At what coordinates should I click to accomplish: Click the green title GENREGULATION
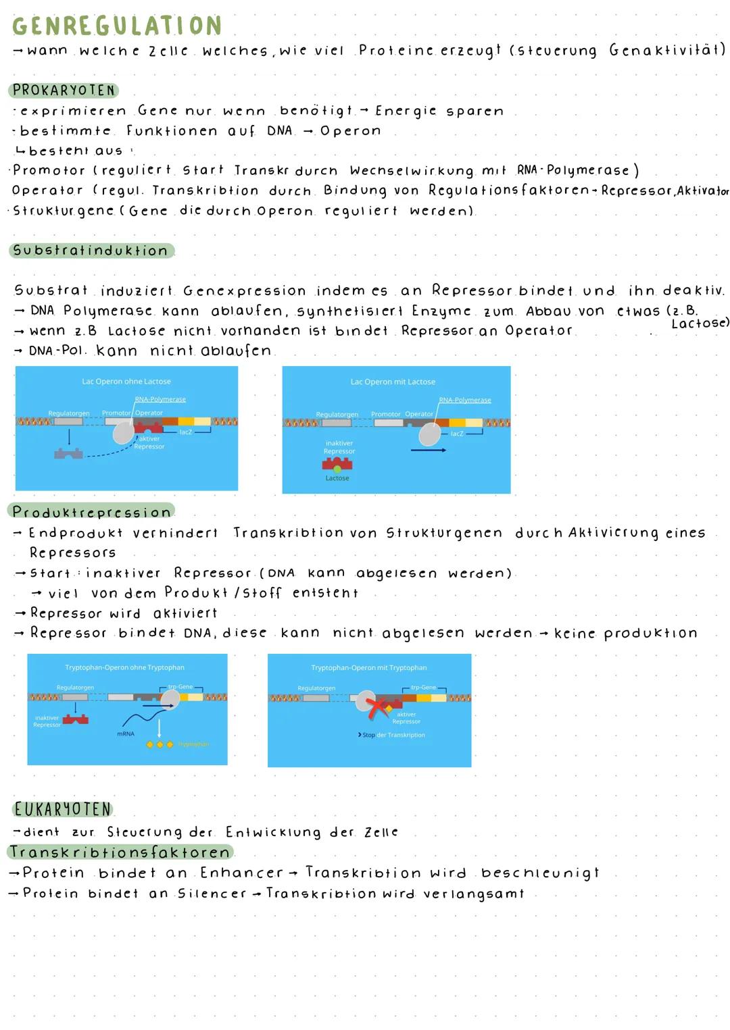[x=117, y=26]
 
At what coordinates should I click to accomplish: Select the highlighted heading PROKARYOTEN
[x=64, y=91]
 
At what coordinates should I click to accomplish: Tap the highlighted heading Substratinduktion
[x=91, y=251]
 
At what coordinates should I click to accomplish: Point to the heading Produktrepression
[x=91, y=512]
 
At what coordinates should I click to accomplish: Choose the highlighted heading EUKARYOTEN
[x=62, y=809]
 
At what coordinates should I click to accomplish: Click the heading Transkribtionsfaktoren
[x=120, y=852]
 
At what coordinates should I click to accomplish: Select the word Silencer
[x=212, y=894]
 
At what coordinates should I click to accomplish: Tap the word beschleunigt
[x=540, y=873]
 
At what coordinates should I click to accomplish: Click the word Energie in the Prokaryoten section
[x=406, y=111]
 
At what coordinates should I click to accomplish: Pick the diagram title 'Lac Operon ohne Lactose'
[x=126, y=382]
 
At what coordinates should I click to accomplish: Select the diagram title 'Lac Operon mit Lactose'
[x=393, y=382]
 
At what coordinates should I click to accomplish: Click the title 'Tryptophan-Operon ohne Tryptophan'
[x=124, y=667]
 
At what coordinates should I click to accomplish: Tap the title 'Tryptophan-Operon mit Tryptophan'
[x=369, y=667]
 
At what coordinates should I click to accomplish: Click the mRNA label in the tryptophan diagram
[x=125, y=733]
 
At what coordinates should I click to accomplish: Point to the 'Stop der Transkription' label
[x=392, y=735]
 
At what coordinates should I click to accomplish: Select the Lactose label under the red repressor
[x=337, y=478]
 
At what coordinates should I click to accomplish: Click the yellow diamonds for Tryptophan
[x=160, y=744]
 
